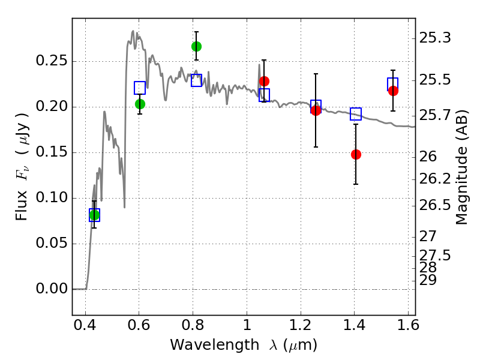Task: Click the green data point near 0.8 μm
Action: point(196,46)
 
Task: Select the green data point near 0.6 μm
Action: point(140,104)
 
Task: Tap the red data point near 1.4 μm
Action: point(356,154)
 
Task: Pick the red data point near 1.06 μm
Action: point(264,81)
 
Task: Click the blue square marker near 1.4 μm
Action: point(356,114)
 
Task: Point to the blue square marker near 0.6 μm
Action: point(140,88)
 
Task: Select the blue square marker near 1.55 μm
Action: point(393,84)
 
